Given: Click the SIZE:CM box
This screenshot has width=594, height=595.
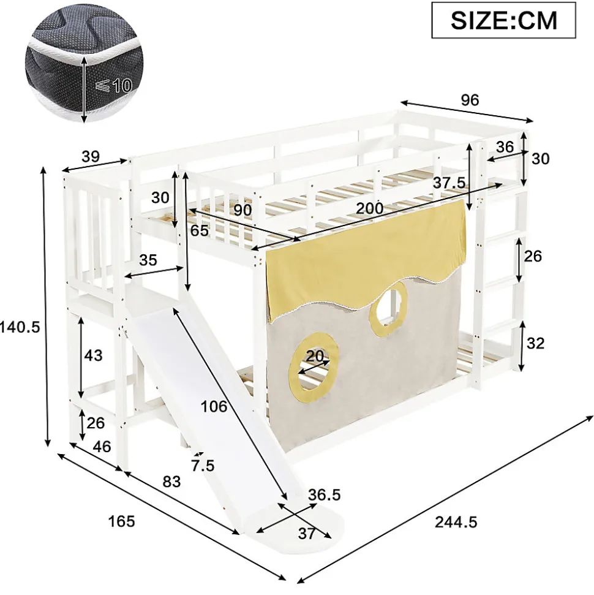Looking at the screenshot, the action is pos(504,20).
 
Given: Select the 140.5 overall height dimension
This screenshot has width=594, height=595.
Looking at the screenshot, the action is pos(20,327).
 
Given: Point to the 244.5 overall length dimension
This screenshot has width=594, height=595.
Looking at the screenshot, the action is pos(456,522).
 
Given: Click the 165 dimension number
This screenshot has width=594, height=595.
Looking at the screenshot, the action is pos(121,521).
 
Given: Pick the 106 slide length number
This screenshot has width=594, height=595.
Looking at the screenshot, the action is pos(214,406).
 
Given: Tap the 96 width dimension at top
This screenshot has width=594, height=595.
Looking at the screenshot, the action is pos(470,100).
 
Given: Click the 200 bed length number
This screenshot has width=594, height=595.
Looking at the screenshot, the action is pos(369,208).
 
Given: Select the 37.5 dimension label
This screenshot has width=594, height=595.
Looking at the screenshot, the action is pos(449,183).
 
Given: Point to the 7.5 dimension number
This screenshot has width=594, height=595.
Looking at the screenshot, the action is pos(203,465).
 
